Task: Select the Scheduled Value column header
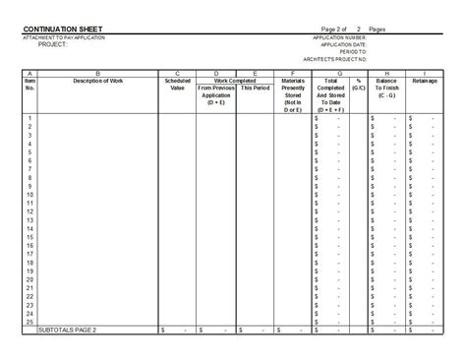(x=177, y=84)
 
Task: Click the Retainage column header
(x=424, y=81)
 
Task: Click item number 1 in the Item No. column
(x=30, y=118)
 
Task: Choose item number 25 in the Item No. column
(x=29, y=323)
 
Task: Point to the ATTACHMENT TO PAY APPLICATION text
(x=66, y=37)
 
